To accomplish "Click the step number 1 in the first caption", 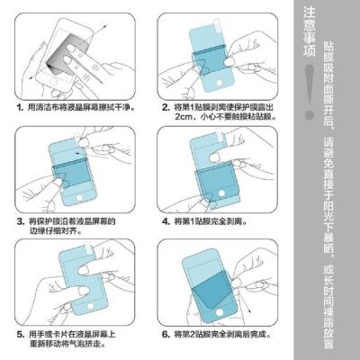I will (21, 107).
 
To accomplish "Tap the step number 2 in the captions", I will (166, 107).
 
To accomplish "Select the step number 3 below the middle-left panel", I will (21, 220).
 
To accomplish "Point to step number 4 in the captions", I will (166, 220).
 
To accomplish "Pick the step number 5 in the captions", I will (21, 332).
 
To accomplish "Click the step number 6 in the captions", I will (166, 332).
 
